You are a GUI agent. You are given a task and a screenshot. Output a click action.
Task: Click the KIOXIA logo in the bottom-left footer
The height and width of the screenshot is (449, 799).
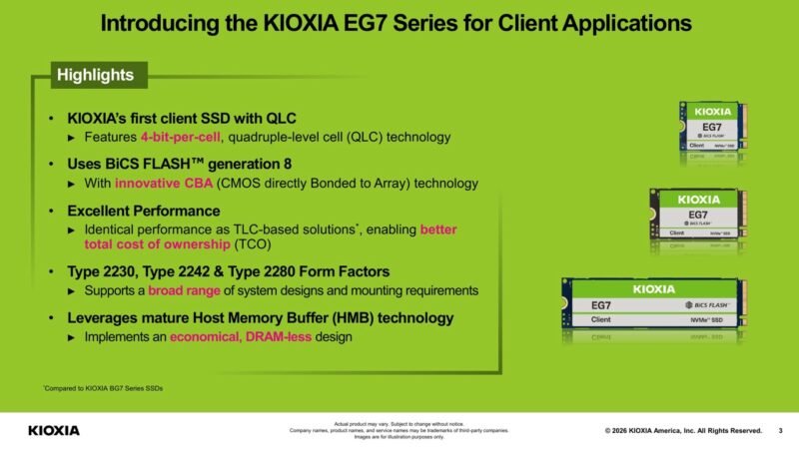pyautogui.click(x=54, y=430)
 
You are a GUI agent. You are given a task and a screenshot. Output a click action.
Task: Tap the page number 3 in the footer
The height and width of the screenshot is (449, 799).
pyautogui.click(x=779, y=430)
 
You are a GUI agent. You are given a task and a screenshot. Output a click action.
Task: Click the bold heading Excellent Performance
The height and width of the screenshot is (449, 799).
pyautogui.click(x=143, y=212)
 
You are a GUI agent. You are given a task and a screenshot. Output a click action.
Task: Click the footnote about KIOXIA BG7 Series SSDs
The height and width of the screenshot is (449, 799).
pyautogui.click(x=103, y=388)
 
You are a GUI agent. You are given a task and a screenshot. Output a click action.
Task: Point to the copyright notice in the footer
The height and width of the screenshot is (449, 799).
pyautogui.click(x=683, y=430)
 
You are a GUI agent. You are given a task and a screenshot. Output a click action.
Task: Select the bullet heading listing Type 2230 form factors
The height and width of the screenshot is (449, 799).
pyautogui.click(x=228, y=271)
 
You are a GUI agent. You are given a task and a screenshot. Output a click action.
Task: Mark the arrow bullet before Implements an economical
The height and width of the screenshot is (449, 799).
pyautogui.click(x=71, y=338)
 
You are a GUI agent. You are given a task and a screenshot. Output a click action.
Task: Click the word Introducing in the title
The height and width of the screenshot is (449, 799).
pyautogui.click(x=163, y=21)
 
